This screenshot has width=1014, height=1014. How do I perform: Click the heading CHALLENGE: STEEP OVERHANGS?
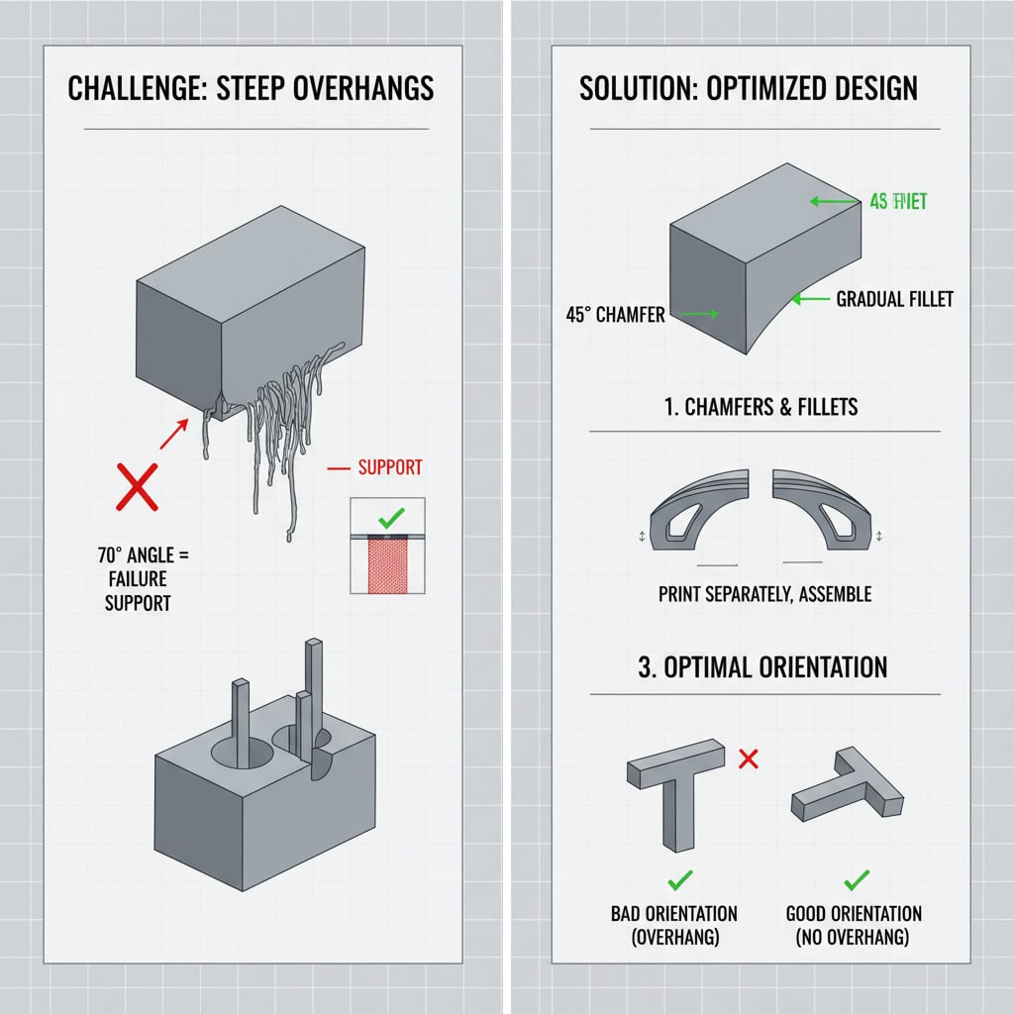tap(251, 88)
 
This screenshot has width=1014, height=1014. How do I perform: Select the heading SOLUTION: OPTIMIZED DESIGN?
tap(748, 88)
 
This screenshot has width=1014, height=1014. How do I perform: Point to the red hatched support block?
tap(388, 565)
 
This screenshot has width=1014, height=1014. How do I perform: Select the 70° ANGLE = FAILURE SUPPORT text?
tap(138, 579)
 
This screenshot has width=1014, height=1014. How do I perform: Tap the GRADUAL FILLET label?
tap(894, 298)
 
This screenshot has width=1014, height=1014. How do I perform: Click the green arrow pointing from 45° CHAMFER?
tap(699, 315)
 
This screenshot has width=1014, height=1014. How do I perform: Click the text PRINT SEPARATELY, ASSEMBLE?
tap(764, 594)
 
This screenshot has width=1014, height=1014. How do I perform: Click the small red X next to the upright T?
tap(749, 760)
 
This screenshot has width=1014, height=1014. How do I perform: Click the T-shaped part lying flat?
tap(848, 786)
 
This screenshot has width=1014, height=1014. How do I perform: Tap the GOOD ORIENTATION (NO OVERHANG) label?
tap(853, 925)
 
